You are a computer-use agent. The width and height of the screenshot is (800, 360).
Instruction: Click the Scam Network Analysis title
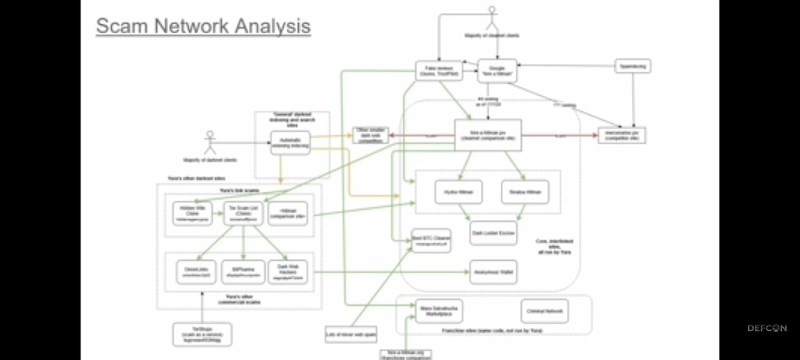203,26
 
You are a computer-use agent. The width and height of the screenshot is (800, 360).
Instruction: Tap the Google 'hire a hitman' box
497,71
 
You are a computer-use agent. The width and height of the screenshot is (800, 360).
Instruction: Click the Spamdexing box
632,66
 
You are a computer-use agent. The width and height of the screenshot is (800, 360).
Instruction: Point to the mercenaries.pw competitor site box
621,135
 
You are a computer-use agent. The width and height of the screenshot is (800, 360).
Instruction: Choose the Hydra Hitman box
459,192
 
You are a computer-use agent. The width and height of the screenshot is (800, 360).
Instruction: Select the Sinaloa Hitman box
525,192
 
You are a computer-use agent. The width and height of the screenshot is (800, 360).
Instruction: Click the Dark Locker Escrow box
493,232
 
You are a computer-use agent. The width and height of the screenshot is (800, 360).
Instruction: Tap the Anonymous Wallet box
493,272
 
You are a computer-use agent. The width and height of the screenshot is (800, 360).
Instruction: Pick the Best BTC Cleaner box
431,240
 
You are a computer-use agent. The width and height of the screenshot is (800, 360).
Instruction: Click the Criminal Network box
544,311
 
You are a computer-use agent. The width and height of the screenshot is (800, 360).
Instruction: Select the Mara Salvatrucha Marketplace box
436,311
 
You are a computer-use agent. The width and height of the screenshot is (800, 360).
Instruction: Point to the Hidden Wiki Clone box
192,213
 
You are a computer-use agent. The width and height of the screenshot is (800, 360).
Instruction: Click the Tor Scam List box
244,213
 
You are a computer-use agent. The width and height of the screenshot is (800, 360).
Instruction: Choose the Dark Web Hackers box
288,272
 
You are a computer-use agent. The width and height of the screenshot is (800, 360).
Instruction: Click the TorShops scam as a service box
202,334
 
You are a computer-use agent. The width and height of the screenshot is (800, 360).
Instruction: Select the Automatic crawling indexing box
290,143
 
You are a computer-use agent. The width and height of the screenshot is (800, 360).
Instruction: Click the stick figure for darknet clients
210,142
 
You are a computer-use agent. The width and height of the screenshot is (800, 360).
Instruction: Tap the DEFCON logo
767,328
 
